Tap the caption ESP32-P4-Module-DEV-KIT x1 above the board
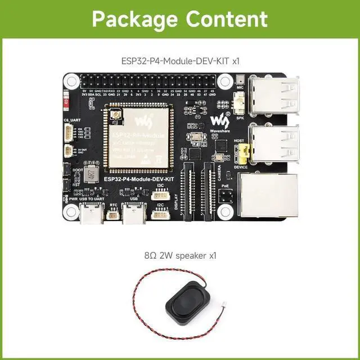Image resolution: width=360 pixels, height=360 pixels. pyautogui.click(x=179, y=60)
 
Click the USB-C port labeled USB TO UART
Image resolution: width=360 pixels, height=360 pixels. pyautogui.click(x=90, y=215)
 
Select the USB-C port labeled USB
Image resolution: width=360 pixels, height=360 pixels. pyautogui.click(x=134, y=215)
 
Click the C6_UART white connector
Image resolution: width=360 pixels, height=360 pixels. pyautogui.click(x=69, y=133)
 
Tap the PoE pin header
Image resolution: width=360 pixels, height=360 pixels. pyautogui.click(x=226, y=196)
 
